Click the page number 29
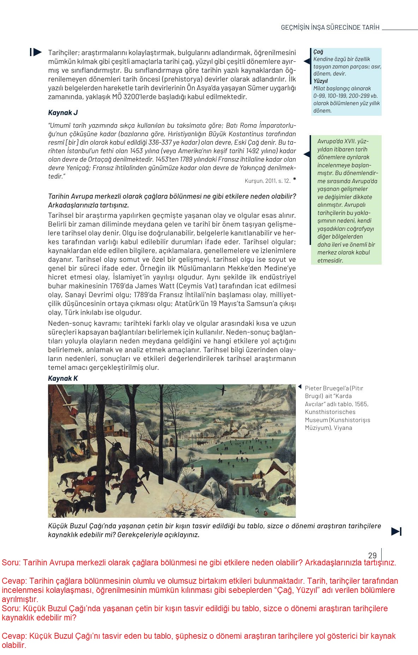click(372, 555)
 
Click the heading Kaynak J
click(63, 113)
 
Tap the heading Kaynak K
click(63, 378)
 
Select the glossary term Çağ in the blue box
click(318, 52)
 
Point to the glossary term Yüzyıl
click(321, 81)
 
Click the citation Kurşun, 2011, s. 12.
click(267, 181)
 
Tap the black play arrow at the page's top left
click(36, 52)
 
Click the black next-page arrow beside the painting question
click(396, 531)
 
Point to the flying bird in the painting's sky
click(222, 390)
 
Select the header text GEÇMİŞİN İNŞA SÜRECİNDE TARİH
click(330, 28)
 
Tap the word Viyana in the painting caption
click(342, 428)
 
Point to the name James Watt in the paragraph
click(155, 286)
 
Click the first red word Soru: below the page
click(11, 563)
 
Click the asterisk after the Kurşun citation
click(294, 180)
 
